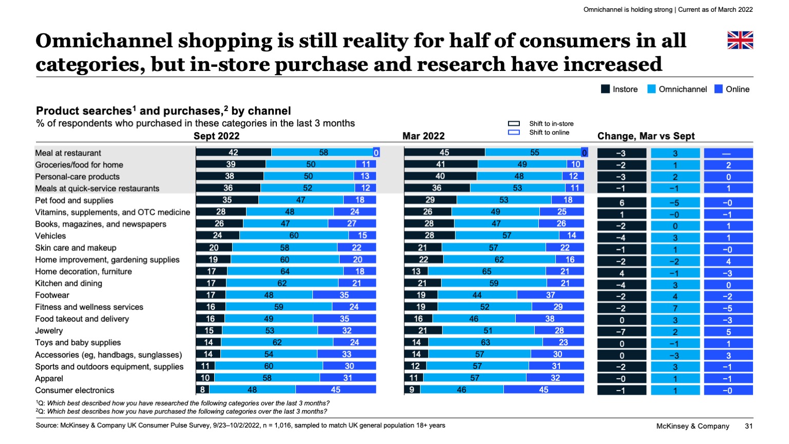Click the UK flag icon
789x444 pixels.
[740, 40]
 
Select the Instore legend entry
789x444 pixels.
[619, 89]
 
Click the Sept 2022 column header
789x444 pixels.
[216, 136]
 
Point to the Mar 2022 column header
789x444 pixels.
[423, 136]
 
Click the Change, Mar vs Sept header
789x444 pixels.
[646, 136]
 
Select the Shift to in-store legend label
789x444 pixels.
[551, 124]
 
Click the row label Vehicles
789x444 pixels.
[50, 236]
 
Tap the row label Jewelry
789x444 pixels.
[49, 331]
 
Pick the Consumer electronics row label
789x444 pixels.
[74, 391]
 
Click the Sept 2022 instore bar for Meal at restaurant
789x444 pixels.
[234, 153]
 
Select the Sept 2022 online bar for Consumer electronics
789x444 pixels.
[335, 390]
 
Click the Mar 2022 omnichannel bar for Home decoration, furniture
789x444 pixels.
[486, 271]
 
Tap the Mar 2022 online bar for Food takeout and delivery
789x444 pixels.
[550, 319]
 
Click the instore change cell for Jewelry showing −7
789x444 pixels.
[622, 332]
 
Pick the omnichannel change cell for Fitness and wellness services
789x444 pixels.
[675, 308]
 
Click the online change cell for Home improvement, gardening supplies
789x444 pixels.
[728, 261]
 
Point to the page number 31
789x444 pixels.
[748, 426]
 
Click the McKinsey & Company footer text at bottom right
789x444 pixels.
[692, 426]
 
